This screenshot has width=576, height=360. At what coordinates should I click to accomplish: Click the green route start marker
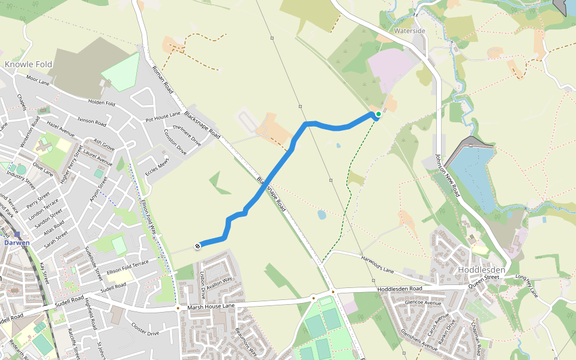[x=379, y=114]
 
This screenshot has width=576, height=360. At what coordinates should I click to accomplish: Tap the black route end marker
[x=197, y=245]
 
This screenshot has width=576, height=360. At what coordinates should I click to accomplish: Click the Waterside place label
[x=410, y=31]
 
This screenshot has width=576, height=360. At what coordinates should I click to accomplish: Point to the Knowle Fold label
[x=28, y=64]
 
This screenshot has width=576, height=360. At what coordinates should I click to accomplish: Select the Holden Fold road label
[x=101, y=103]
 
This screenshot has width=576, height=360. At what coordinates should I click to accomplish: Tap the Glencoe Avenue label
[x=423, y=303]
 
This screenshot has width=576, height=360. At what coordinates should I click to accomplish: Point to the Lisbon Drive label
[x=202, y=283]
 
